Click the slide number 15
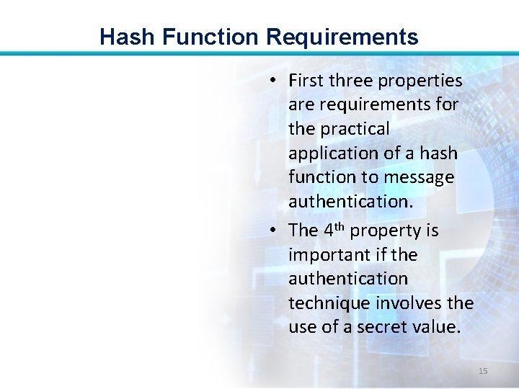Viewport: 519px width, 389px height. (x=483, y=371)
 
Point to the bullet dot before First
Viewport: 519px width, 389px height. (x=275, y=81)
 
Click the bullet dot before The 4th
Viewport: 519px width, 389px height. (x=275, y=231)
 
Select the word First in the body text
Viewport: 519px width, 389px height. (x=307, y=81)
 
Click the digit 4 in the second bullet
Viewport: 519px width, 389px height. (x=329, y=231)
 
